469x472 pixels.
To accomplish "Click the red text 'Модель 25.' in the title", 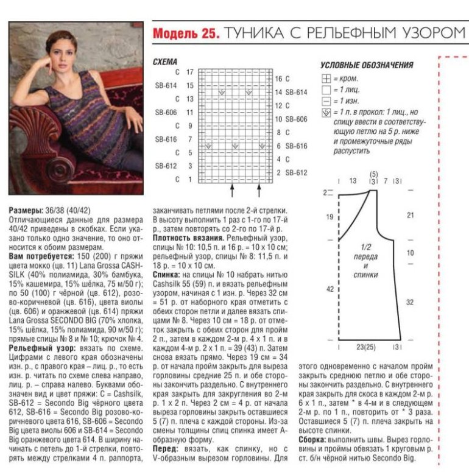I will (x=185, y=33).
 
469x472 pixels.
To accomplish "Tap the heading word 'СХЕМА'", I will (x=164, y=62).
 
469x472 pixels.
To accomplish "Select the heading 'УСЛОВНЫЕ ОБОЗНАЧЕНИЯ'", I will (x=367, y=65).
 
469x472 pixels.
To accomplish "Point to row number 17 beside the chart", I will (x=189, y=72).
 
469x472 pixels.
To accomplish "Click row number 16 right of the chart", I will (x=278, y=79).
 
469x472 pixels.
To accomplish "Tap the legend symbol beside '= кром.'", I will (x=326, y=79).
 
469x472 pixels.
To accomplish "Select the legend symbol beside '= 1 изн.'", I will (x=326, y=100).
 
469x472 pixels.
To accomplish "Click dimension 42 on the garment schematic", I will (x=330, y=289).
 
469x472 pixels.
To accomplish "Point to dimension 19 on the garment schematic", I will (x=330, y=217).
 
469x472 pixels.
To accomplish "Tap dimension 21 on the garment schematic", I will (x=410, y=215).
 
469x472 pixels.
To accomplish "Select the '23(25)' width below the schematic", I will (x=366, y=347).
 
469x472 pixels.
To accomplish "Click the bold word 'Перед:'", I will (x=166, y=448).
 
